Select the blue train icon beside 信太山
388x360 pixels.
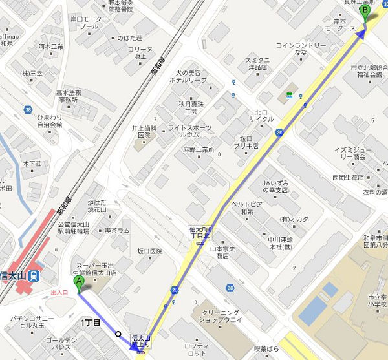[34, 276]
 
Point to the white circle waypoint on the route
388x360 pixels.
[118, 334]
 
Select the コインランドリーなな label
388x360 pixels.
[301, 48]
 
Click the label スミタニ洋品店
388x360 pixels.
[257, 63]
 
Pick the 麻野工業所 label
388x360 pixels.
[198, 149]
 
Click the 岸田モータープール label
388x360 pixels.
[89, 23]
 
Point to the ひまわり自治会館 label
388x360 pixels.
[49, 120]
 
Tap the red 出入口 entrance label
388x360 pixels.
[59, 293]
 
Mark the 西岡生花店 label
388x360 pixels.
[348, 177]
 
